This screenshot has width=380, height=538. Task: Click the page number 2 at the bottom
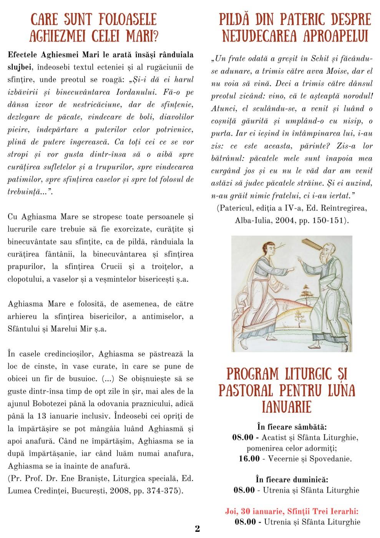point(197,528)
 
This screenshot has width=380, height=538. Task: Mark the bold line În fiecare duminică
point(292,480)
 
